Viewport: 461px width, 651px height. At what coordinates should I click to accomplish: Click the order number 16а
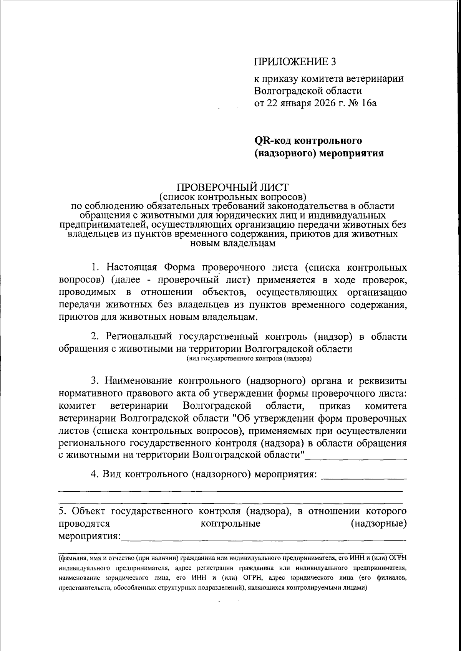pos(367,103)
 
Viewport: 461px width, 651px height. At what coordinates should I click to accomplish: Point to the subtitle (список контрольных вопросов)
pos(232,197)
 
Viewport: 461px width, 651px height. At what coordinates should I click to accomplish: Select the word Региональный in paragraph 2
pos(139,337)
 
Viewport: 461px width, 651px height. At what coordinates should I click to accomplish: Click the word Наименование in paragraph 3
pos(138,381)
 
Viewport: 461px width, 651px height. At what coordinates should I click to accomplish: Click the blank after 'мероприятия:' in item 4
pos(363,476)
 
